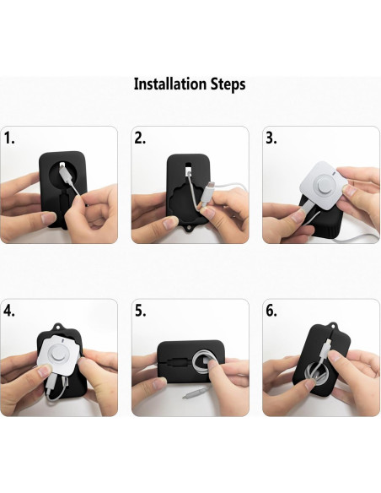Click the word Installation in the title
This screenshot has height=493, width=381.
click(170, 84)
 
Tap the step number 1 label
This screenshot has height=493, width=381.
click(9, 138)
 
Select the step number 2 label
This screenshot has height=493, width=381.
click(140, 138)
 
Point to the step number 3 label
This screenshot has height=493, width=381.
click(271, 138)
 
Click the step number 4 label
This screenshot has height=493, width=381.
click(9, 311)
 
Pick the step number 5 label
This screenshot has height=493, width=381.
click(140, 311)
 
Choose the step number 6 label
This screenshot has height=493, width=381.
click(271, 311)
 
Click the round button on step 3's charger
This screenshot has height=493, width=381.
click(323, 186)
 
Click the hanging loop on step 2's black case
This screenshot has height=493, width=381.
click(189, 227)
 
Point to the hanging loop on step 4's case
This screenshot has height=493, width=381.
click(56, 327)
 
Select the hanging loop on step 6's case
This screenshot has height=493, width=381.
click(333, 325)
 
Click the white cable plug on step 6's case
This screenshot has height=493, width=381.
click(324, 349)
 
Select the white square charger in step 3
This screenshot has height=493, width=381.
click(323, 186)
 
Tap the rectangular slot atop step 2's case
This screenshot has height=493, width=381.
click(188, 165)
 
